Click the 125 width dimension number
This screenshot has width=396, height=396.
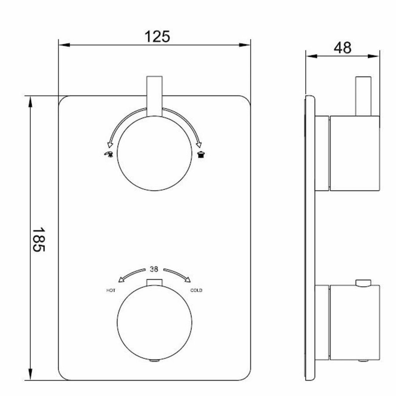157,37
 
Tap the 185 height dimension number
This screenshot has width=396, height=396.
38,239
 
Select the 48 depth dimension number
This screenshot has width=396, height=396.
342,48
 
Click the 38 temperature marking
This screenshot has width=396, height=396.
154,269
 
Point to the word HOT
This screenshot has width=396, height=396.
110,291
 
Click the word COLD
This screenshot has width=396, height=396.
196,290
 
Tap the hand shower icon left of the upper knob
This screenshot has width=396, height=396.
109,154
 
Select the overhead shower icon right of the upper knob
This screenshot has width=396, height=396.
201,154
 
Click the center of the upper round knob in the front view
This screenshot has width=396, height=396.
154,153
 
